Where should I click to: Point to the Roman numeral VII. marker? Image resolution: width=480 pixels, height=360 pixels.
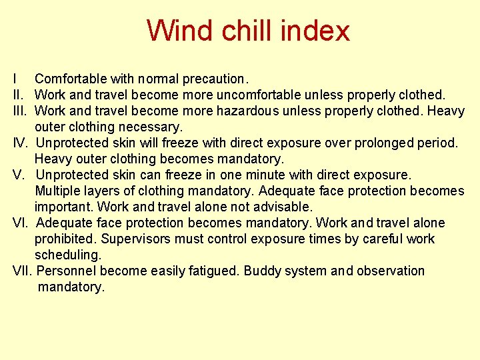23,271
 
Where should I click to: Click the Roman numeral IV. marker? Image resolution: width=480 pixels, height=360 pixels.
21,143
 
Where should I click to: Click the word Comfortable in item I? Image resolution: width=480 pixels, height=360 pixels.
70,79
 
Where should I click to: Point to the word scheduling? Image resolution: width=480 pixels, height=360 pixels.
68,255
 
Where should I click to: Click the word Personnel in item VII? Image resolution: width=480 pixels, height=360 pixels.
67,271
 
